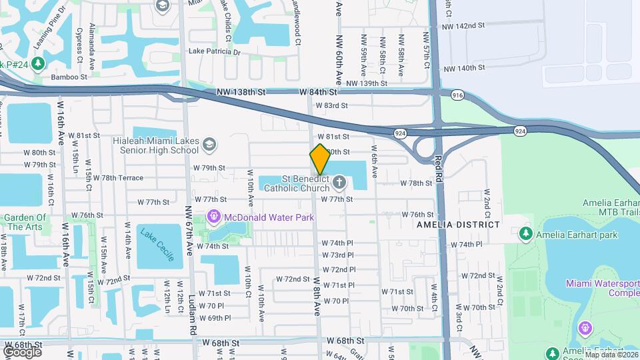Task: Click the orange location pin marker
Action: point(320,159)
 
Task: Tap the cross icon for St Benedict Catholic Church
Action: point(340,182)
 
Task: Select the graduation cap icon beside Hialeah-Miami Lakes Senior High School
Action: point(209,145)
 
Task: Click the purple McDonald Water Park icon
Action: point(213,216)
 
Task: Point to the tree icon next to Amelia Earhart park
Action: point(526,234)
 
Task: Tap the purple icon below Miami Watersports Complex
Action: point(585,327)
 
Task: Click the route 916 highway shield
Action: point(457,96)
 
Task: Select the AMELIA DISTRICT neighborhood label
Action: point(458,225)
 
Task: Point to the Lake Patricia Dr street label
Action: point(213,51)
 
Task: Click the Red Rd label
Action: point(438,170)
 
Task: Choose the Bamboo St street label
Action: point(69,77)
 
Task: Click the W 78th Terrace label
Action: point(118,178)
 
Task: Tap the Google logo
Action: point(22,351)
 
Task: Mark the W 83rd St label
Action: point(332,105)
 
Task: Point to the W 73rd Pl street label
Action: point(338,255)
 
